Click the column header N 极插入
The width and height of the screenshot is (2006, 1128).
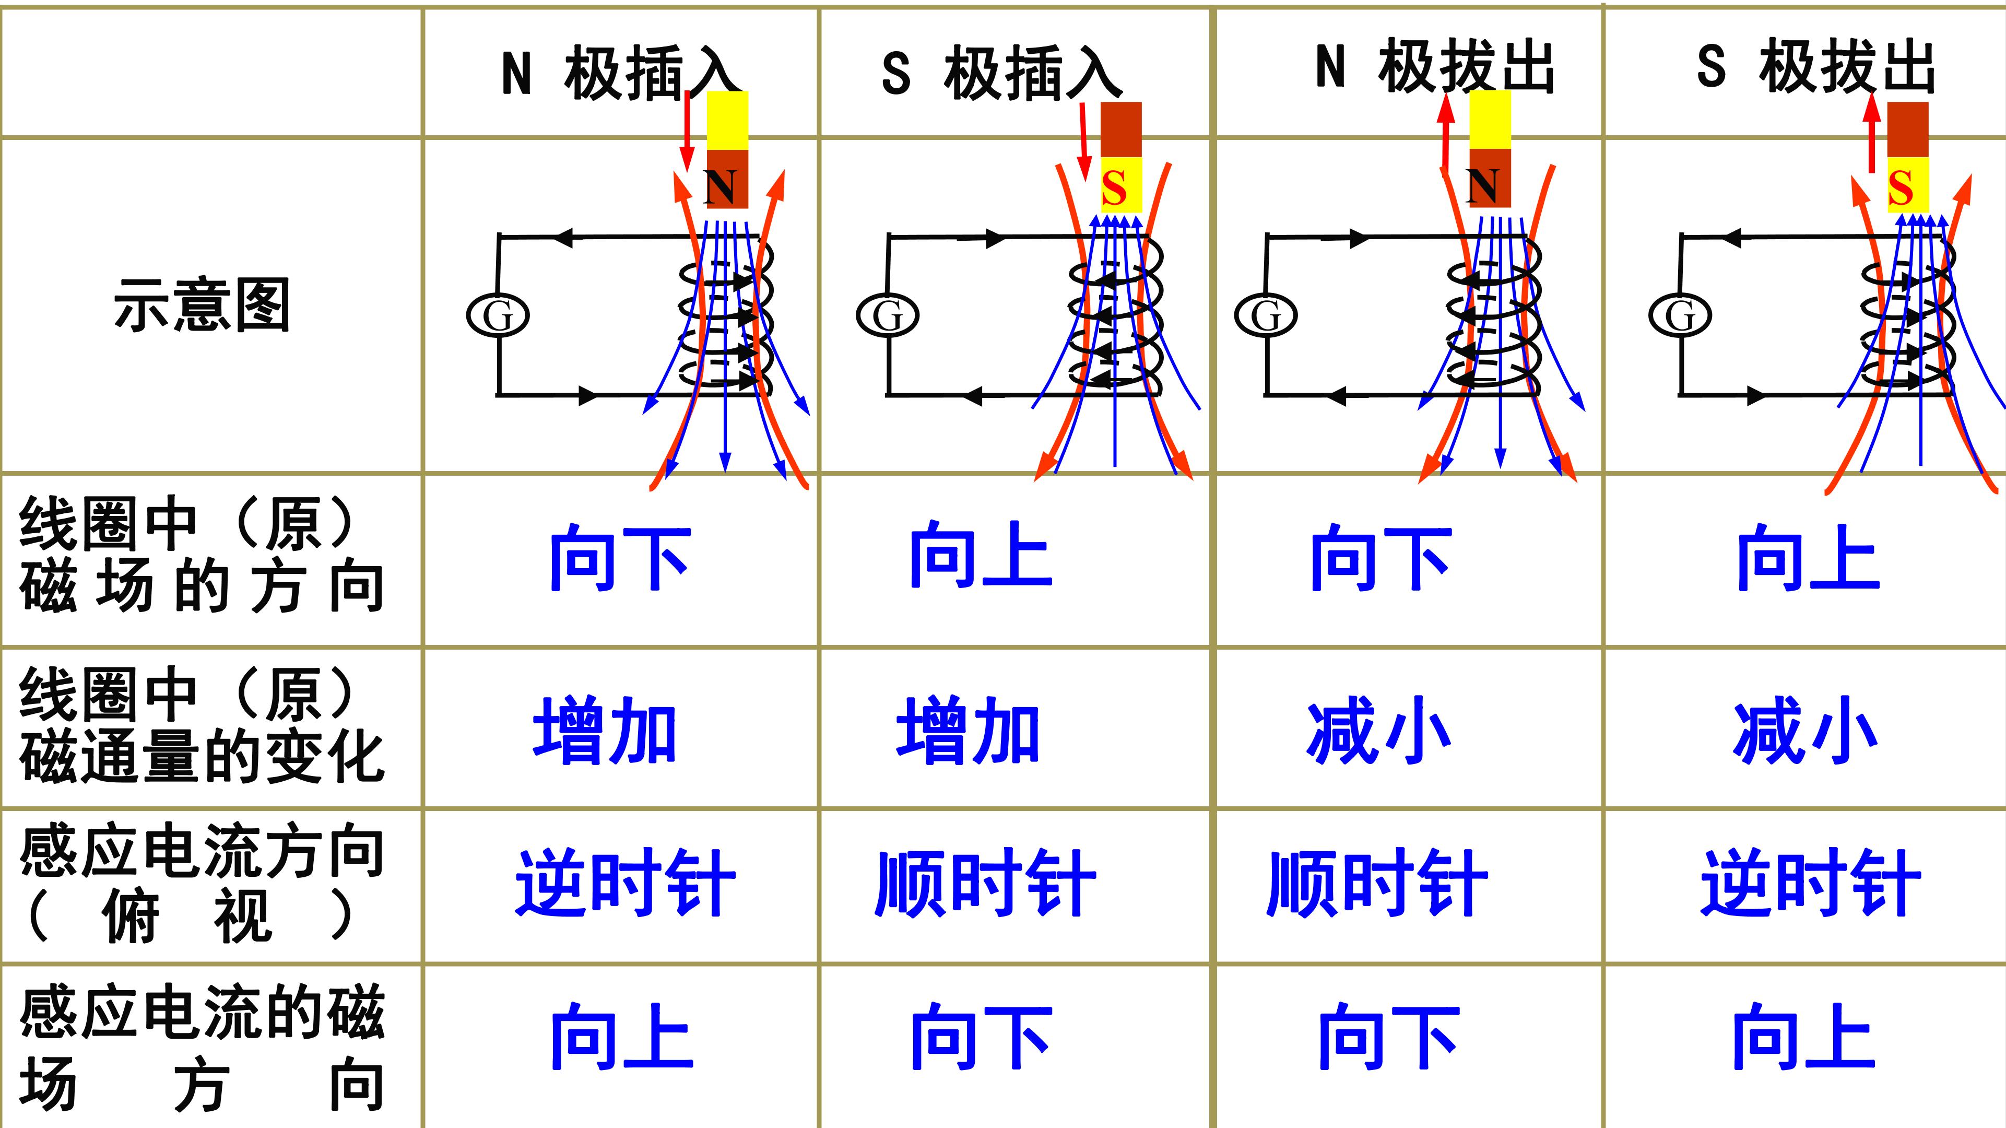[x=620, y=73]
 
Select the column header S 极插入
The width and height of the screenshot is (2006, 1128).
[x=1002, y=73]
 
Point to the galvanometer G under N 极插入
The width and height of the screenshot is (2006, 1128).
[x=498, y=315]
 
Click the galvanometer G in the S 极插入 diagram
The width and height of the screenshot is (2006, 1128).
[x=887, y=315]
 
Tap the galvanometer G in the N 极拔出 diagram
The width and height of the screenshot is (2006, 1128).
[x=1266, y=315]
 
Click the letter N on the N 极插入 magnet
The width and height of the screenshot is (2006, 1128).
[x=721, y=187]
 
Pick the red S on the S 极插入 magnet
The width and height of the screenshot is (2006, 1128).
[x=1114, y=188]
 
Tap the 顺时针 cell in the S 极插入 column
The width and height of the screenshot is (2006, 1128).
[x=985, y=883]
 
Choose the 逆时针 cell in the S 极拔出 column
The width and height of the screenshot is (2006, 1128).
[x=1811, y=883]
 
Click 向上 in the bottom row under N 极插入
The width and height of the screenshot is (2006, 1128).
[x=621, y=1036]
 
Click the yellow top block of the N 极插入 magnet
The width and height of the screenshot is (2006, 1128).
[x=727, y=121]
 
